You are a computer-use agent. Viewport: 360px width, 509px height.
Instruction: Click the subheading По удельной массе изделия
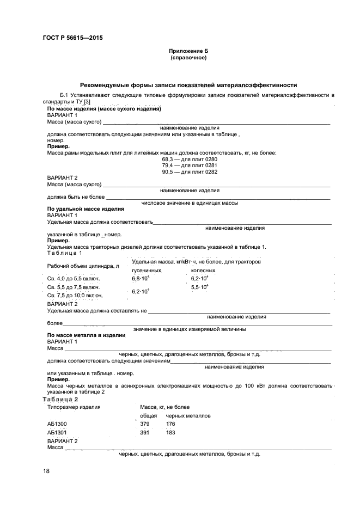pyautogui.click(x=86, y=209)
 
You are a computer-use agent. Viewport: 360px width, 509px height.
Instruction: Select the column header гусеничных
pyautogui.click(x=147, y=270)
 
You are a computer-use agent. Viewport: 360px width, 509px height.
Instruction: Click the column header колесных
pyautogui.click(x=203, y=270)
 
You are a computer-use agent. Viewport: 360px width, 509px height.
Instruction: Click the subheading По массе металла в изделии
pyautogui.click(x=87, y=335)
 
